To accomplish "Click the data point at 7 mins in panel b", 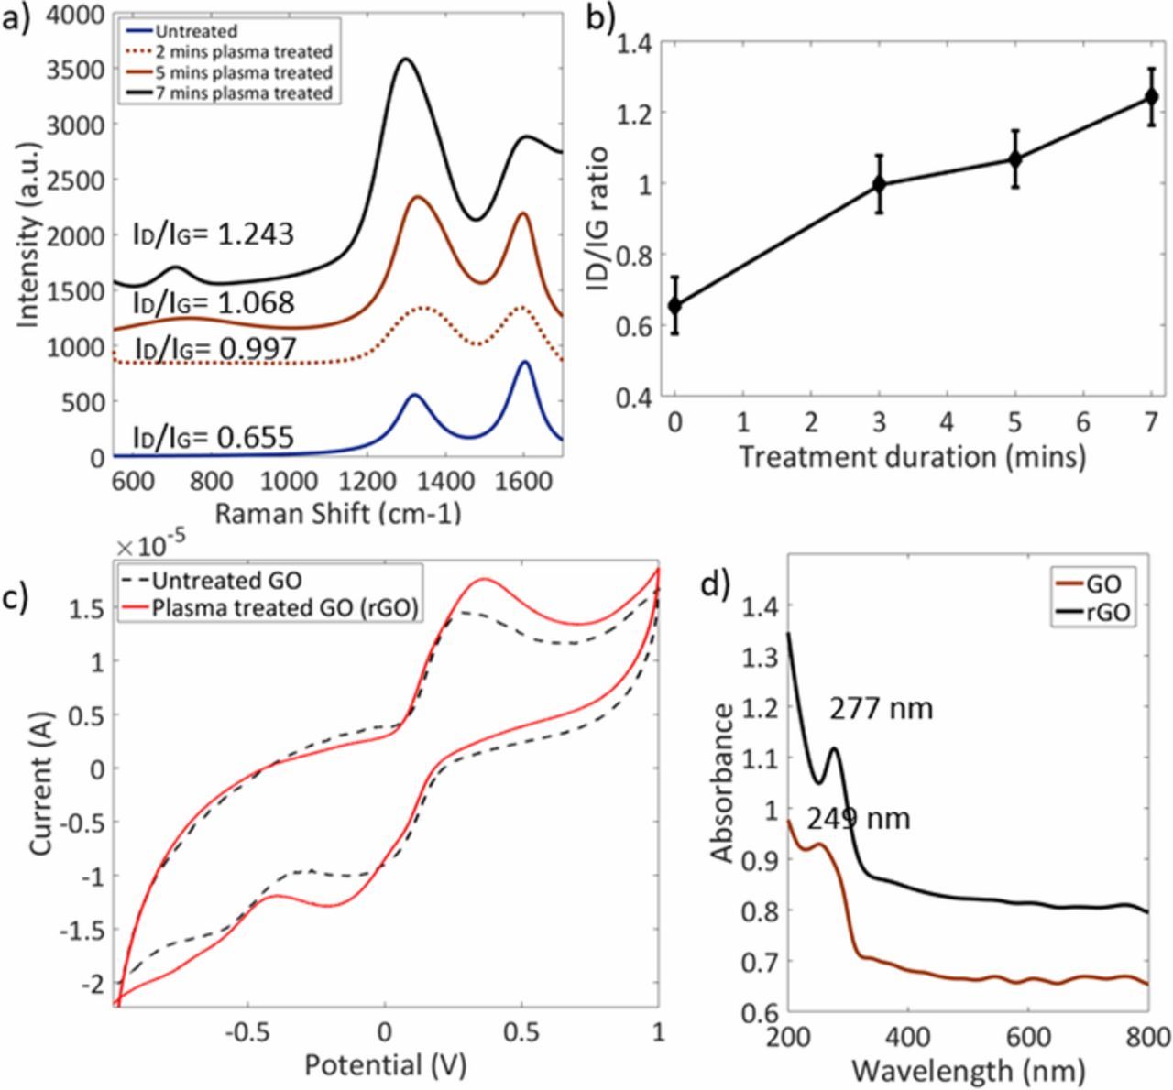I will tap(1151, 96).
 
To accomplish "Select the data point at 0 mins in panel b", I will tap(675, 305).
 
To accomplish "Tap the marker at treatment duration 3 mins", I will tap(880, 184).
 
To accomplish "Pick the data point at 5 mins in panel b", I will tap(1015, 158).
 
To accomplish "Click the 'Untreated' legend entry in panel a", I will tap(197, 32).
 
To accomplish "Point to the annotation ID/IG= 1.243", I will tap(213, 234).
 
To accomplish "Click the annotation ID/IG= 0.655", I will tap(213, 437).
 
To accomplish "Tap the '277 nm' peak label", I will tap(881, 708).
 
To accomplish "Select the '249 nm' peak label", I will tap(859, 817).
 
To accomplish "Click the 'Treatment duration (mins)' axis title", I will tap(912, 455).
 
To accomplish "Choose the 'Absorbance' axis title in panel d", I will tap(723, 783).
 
